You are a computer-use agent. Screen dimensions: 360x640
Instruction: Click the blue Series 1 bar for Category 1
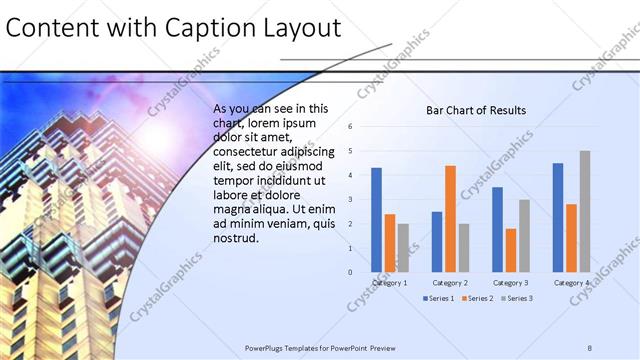376,220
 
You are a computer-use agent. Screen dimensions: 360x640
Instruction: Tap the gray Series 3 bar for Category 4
584,211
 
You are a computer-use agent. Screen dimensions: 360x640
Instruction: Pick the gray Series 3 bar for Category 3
524,236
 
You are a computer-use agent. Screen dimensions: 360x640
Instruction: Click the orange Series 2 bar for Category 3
511,250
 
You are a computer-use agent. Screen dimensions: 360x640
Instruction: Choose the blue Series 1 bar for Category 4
558,217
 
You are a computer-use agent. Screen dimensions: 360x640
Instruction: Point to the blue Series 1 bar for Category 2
437,241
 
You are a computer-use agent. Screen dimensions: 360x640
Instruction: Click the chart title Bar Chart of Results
476,110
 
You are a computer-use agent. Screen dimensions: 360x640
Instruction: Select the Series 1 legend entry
439,298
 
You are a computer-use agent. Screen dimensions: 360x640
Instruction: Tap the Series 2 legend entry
476,298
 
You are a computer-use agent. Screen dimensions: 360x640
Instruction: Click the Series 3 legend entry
516,298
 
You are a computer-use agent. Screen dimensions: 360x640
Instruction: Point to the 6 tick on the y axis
350,127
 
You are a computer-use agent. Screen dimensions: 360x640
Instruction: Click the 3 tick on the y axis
350,199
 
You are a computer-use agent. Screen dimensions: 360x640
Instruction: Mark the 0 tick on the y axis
350,272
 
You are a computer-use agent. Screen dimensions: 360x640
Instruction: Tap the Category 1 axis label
389,283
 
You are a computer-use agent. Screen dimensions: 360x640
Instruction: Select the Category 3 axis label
510,283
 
